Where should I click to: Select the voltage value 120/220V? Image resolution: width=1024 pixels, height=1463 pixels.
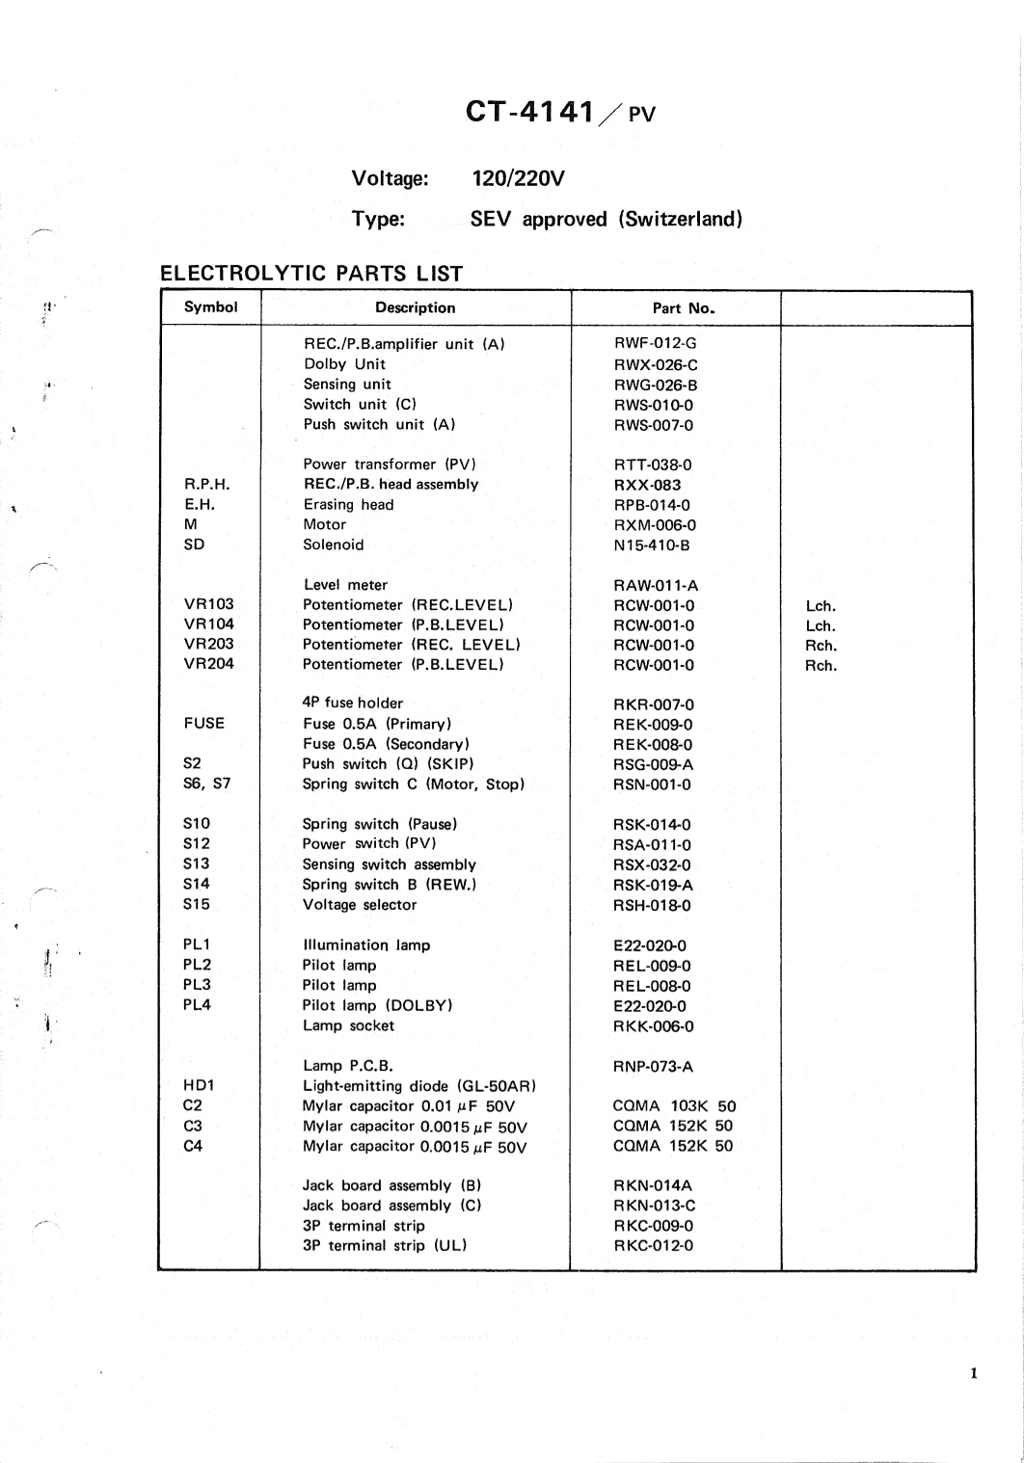coord(518,178)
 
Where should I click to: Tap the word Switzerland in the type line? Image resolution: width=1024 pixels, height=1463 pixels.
coord(682,219)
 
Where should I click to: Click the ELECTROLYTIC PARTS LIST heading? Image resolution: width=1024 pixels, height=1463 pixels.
coord(311,274)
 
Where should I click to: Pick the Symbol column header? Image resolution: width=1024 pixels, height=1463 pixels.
coord(210,307)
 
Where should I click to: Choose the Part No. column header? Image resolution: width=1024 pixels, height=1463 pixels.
coord(684,308)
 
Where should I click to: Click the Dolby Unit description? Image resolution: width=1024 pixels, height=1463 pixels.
coord(344,364)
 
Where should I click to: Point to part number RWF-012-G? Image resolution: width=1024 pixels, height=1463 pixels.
coord(655,343)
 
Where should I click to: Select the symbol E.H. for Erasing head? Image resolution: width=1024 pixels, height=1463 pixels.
coord(200,504)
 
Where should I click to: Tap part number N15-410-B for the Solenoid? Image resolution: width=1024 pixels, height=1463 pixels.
coord(652,545)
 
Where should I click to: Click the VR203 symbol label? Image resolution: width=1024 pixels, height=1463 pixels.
coord(208,644)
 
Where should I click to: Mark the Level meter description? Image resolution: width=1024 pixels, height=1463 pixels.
coord(345,585)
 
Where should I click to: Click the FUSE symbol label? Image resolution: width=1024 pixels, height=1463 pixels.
coord(203,723)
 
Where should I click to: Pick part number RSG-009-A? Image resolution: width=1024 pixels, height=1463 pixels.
coord(653,764)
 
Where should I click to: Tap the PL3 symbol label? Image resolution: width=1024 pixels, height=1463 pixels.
coord(197,985)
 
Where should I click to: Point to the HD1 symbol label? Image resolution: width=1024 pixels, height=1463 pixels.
coord(199,1085)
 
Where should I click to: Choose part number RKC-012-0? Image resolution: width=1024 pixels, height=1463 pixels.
coord(653,1245)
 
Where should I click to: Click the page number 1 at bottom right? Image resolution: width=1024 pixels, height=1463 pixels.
coord(974,1373)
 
